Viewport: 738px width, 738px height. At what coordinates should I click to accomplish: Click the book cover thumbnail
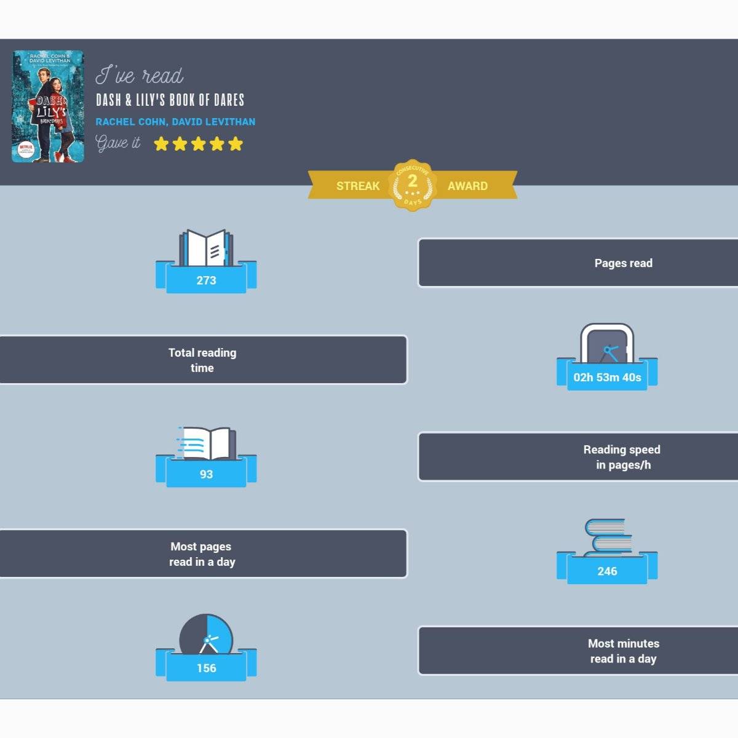pos(48,106)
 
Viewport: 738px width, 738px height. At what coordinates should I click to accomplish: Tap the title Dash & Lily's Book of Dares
pos(170,100)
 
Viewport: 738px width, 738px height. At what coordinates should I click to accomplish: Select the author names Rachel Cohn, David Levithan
pos(175,122)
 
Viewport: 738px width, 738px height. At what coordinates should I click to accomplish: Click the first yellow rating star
pos(161,144)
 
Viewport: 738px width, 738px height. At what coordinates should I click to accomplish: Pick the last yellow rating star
pos(236,144)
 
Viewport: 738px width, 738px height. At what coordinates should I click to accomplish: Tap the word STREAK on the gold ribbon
pos(358,186)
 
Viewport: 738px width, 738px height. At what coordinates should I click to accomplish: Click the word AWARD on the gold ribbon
pos(467,186)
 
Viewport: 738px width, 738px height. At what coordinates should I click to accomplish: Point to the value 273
pos(206,280)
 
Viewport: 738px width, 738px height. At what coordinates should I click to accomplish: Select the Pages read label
pos(623,263)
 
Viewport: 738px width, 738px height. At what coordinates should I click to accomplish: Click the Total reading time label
pos(202,360)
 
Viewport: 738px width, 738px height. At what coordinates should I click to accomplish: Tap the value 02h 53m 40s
pos(607,378)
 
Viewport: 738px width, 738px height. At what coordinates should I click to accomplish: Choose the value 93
pos(206,474)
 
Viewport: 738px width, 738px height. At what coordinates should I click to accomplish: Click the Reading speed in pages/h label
pos(622,457)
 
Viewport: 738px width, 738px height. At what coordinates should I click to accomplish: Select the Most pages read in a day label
pos(202,554)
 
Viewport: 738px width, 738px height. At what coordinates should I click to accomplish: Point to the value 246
pos(607,571)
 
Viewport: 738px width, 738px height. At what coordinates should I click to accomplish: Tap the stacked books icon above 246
pos(608,536)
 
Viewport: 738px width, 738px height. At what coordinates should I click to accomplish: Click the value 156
pos(206,668)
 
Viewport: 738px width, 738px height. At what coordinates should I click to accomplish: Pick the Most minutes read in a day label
pos(623,651)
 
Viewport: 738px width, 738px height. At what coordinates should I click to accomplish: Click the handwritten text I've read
pos(140,75)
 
